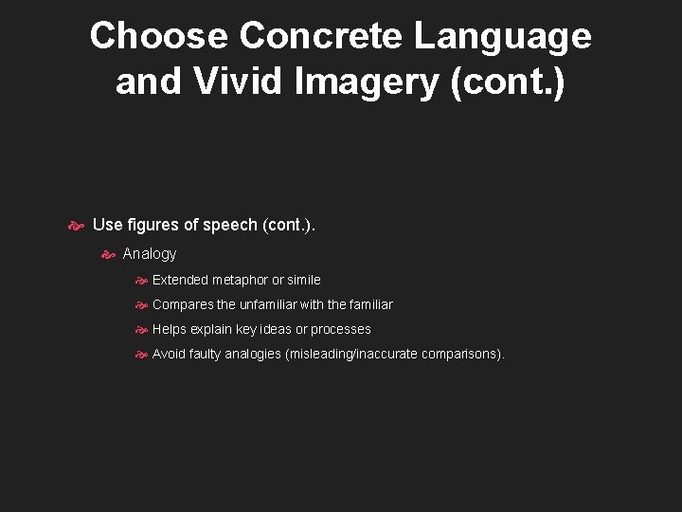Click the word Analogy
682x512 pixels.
(150, 253)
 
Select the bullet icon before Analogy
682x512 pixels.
(108, 253)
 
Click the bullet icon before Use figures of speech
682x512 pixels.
(77, 226)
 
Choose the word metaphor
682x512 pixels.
(242, 280)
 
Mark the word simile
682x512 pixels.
(303, 280)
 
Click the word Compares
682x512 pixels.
(183, 304)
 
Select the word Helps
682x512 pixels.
(170, 329)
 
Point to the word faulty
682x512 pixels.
(205, 354)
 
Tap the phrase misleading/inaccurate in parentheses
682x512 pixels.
(359, 354)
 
